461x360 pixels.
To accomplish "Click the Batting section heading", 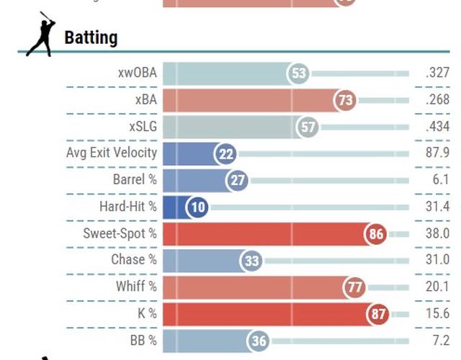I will point(91,37).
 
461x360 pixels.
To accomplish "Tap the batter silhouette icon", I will point(40,37).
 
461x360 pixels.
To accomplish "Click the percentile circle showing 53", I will point(297,73).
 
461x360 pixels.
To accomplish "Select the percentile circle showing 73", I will point(345,100).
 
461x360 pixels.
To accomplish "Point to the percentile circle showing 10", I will point(197,207).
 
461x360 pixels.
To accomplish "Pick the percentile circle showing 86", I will point(375,234).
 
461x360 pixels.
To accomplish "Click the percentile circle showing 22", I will point(225,154).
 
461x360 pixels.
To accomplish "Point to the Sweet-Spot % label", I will point(120,233).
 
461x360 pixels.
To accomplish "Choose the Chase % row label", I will point(134,260).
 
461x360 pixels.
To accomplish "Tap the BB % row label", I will point(143,340).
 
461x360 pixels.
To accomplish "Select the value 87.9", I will point(438,153).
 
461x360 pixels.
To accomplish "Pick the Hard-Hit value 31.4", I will point(438,207).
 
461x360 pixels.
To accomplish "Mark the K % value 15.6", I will point(438,313).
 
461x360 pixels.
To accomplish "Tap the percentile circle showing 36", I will point(258,341).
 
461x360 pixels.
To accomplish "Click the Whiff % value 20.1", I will point(438,287).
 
